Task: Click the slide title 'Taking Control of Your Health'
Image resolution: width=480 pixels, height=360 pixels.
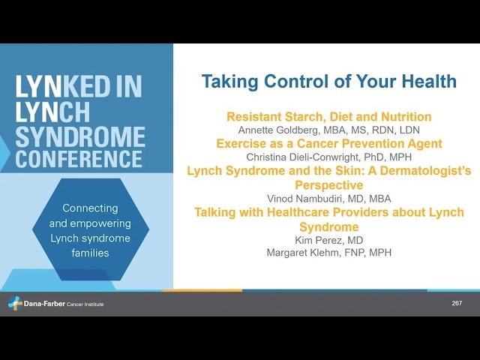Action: pos(328,82)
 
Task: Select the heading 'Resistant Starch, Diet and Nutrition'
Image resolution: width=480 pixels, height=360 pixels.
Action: pos(328,116)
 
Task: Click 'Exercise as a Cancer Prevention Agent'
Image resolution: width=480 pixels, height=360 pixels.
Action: pos(328,143)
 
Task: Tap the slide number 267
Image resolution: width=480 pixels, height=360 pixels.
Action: pos(457,303)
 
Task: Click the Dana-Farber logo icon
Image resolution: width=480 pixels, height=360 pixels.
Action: pos(14,303)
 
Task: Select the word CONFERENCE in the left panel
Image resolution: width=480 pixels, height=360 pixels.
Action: pos(79,159)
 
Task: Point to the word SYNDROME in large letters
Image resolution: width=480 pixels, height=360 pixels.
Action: pos(80,136)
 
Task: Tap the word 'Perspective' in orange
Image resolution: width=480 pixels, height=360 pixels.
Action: pos(328,184)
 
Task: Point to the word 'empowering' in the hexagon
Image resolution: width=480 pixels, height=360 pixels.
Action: pos(100,223)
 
